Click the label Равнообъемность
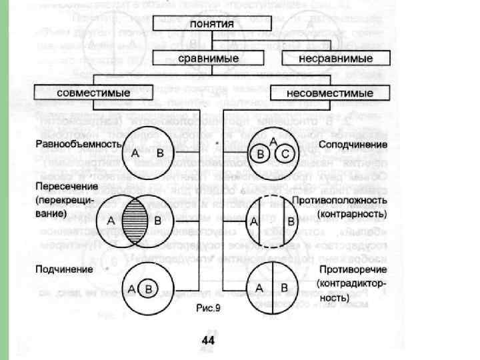point(78,144)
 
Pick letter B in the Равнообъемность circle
point(159,153)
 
